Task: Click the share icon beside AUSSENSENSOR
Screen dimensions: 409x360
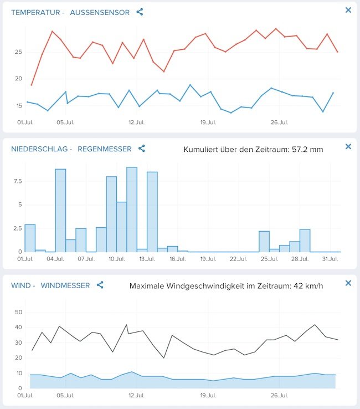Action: (x=140, y=12)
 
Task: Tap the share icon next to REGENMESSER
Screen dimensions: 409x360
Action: (x=142, y=149)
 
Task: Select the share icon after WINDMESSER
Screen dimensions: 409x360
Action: (x=100, y=285)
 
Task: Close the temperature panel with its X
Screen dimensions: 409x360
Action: (x=348, y=10)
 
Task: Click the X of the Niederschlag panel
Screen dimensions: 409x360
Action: (x=348, y=146)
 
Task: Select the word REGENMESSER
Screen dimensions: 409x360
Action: (x=105, y=149)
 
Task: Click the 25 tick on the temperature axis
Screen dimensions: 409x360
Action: (x=18, y=52)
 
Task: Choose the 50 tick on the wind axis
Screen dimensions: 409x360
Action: (x=18, y=313)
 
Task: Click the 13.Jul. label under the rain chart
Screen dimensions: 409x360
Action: (x=147, y=259)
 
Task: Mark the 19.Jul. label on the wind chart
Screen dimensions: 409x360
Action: (x=208, y=396)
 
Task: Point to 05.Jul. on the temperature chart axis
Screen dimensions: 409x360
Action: (x=65, y=122)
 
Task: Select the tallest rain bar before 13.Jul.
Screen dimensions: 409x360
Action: (x=132, y=209)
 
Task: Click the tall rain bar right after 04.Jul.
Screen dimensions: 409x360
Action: (x=60, y=211)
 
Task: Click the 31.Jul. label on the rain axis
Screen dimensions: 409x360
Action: (x=330, y=259)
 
